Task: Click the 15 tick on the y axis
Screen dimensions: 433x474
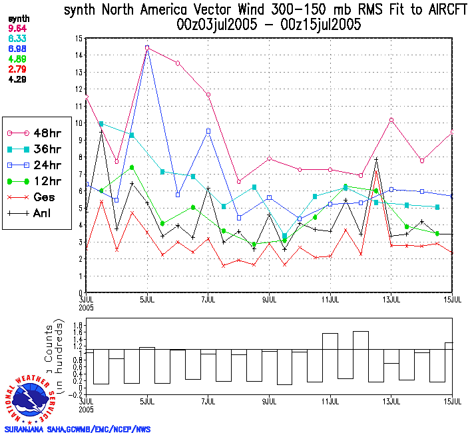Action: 79,39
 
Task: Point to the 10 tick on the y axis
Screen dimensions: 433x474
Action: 79,123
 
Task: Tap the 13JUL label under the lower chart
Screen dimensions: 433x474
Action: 392,402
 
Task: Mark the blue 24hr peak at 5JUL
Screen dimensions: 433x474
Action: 147,48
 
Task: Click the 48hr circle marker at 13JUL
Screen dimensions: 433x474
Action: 392,120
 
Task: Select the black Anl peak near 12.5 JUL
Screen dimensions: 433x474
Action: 377,159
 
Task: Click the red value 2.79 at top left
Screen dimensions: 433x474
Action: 17,69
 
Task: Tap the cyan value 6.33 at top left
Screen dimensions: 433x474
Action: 17,39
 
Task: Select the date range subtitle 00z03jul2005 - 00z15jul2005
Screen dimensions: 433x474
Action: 269,25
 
